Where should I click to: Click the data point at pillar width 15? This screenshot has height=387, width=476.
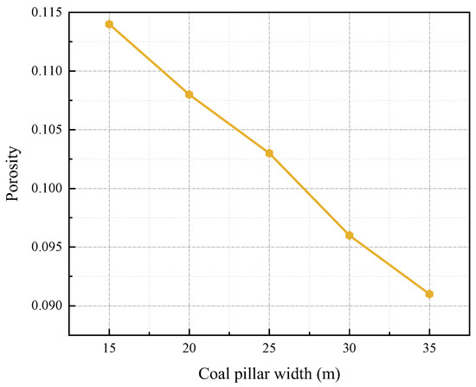(109, 24)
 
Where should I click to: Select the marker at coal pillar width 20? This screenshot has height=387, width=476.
(190, 94)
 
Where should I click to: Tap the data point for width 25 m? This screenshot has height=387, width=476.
(269, 153)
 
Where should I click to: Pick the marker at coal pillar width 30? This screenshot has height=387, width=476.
(350, 235)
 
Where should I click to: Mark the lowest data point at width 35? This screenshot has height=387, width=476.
(429, 294)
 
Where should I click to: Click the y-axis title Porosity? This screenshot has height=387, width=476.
(13, 174)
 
